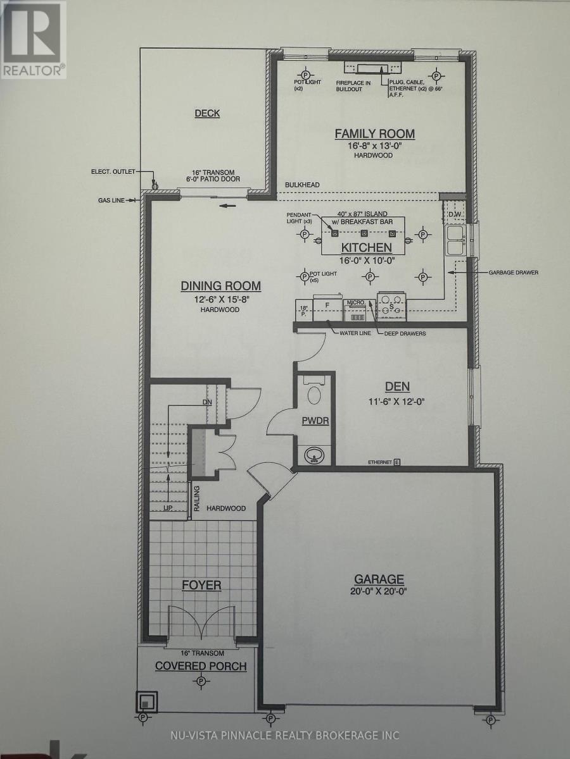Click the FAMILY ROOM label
pos(374,133)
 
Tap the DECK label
pos(207,113)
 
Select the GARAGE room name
pos(379,579)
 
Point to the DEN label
pos(396,386)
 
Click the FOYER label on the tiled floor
pos(201,585)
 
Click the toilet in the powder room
pos(314,393)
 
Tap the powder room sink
pos(314,455)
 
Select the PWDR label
pos(315,421)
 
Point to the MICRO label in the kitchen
pos(354,303)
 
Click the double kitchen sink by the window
pos(456,240)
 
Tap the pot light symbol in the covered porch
pos(201,681)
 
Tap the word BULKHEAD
pos(302,184)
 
